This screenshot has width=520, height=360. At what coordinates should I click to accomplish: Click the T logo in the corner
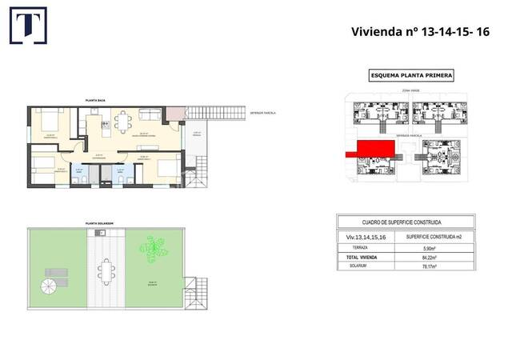tap(27, 26)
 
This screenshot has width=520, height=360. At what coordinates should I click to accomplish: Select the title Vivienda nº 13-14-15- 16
tap(420, 31)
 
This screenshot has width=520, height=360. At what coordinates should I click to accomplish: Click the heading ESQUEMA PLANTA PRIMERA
tap(411, 75)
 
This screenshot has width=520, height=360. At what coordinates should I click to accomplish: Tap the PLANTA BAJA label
tap(96, 101)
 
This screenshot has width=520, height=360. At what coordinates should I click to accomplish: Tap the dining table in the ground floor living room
tap(123, 122)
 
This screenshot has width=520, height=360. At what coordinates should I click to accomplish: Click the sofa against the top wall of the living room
tap(149, 111)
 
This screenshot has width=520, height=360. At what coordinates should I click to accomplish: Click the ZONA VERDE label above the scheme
tap(410, 90)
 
